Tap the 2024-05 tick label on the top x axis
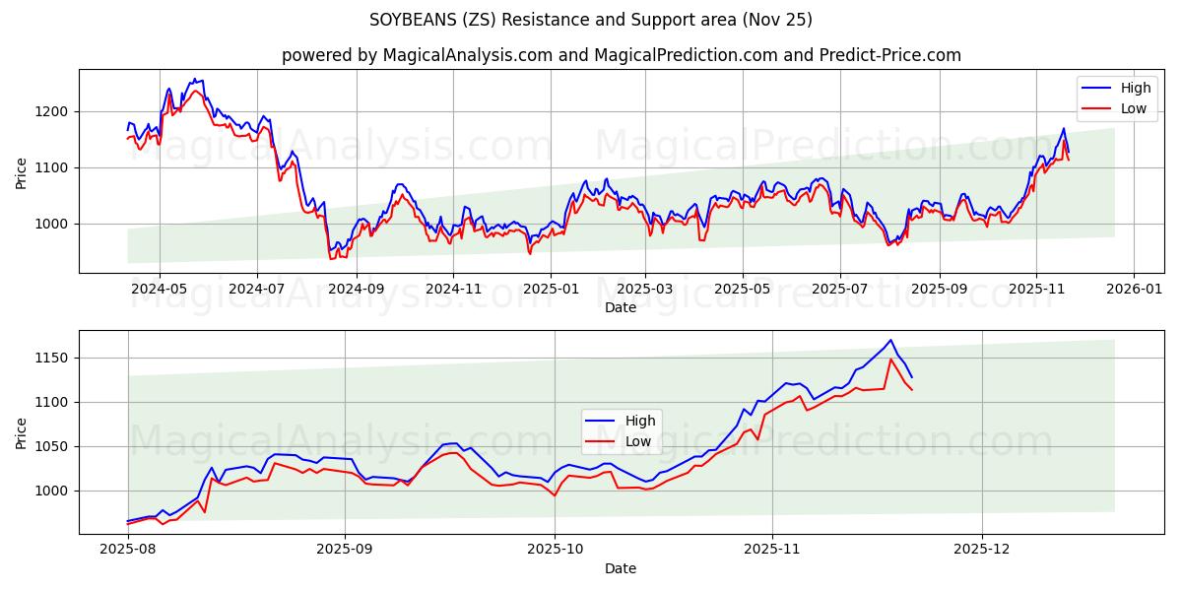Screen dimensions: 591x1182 pyautogui.click(x=159, y=290)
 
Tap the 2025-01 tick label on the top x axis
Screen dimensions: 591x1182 pyautogui.click(x=549, y=290)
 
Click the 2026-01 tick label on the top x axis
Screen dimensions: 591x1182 pyautogui.click(x=1133, y=290)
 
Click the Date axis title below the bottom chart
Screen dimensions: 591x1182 pyautogui.click(x=621, y=568)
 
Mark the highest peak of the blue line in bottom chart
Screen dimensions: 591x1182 pyautogui.click(x=890, y=340)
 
